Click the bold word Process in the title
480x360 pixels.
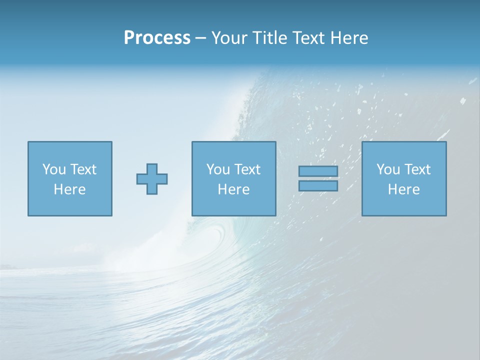tap(157, 38)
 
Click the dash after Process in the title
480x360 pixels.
tap(201, 38)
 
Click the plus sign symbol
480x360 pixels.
tap(152, 179)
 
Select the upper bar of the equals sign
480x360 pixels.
tap(318, 171)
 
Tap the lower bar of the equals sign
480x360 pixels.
tap(318, 186)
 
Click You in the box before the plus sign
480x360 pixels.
tap(54, 169)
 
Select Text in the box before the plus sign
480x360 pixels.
tap(83, 169)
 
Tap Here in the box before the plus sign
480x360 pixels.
tap(69, 189)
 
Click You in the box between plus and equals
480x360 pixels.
tap(218, 169)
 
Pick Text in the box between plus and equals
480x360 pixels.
tap(247, 169)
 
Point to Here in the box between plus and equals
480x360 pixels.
tap(233, 189)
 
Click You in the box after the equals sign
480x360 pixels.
tap(388, 169)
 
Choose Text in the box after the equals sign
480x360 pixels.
tap(417, 169)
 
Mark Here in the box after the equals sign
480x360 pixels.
tap(403, 189)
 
